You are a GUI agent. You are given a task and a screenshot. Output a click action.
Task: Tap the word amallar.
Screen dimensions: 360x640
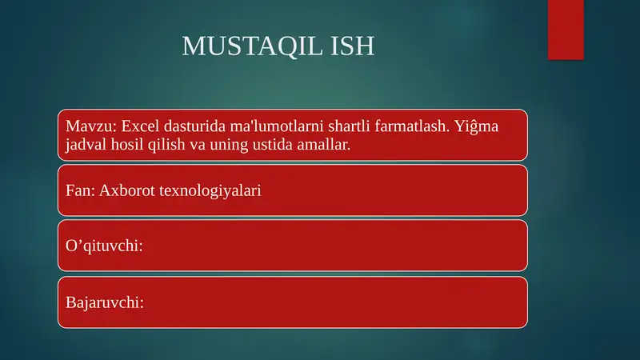327,146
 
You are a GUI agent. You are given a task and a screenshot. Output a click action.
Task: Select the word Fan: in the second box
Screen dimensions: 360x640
79,191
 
